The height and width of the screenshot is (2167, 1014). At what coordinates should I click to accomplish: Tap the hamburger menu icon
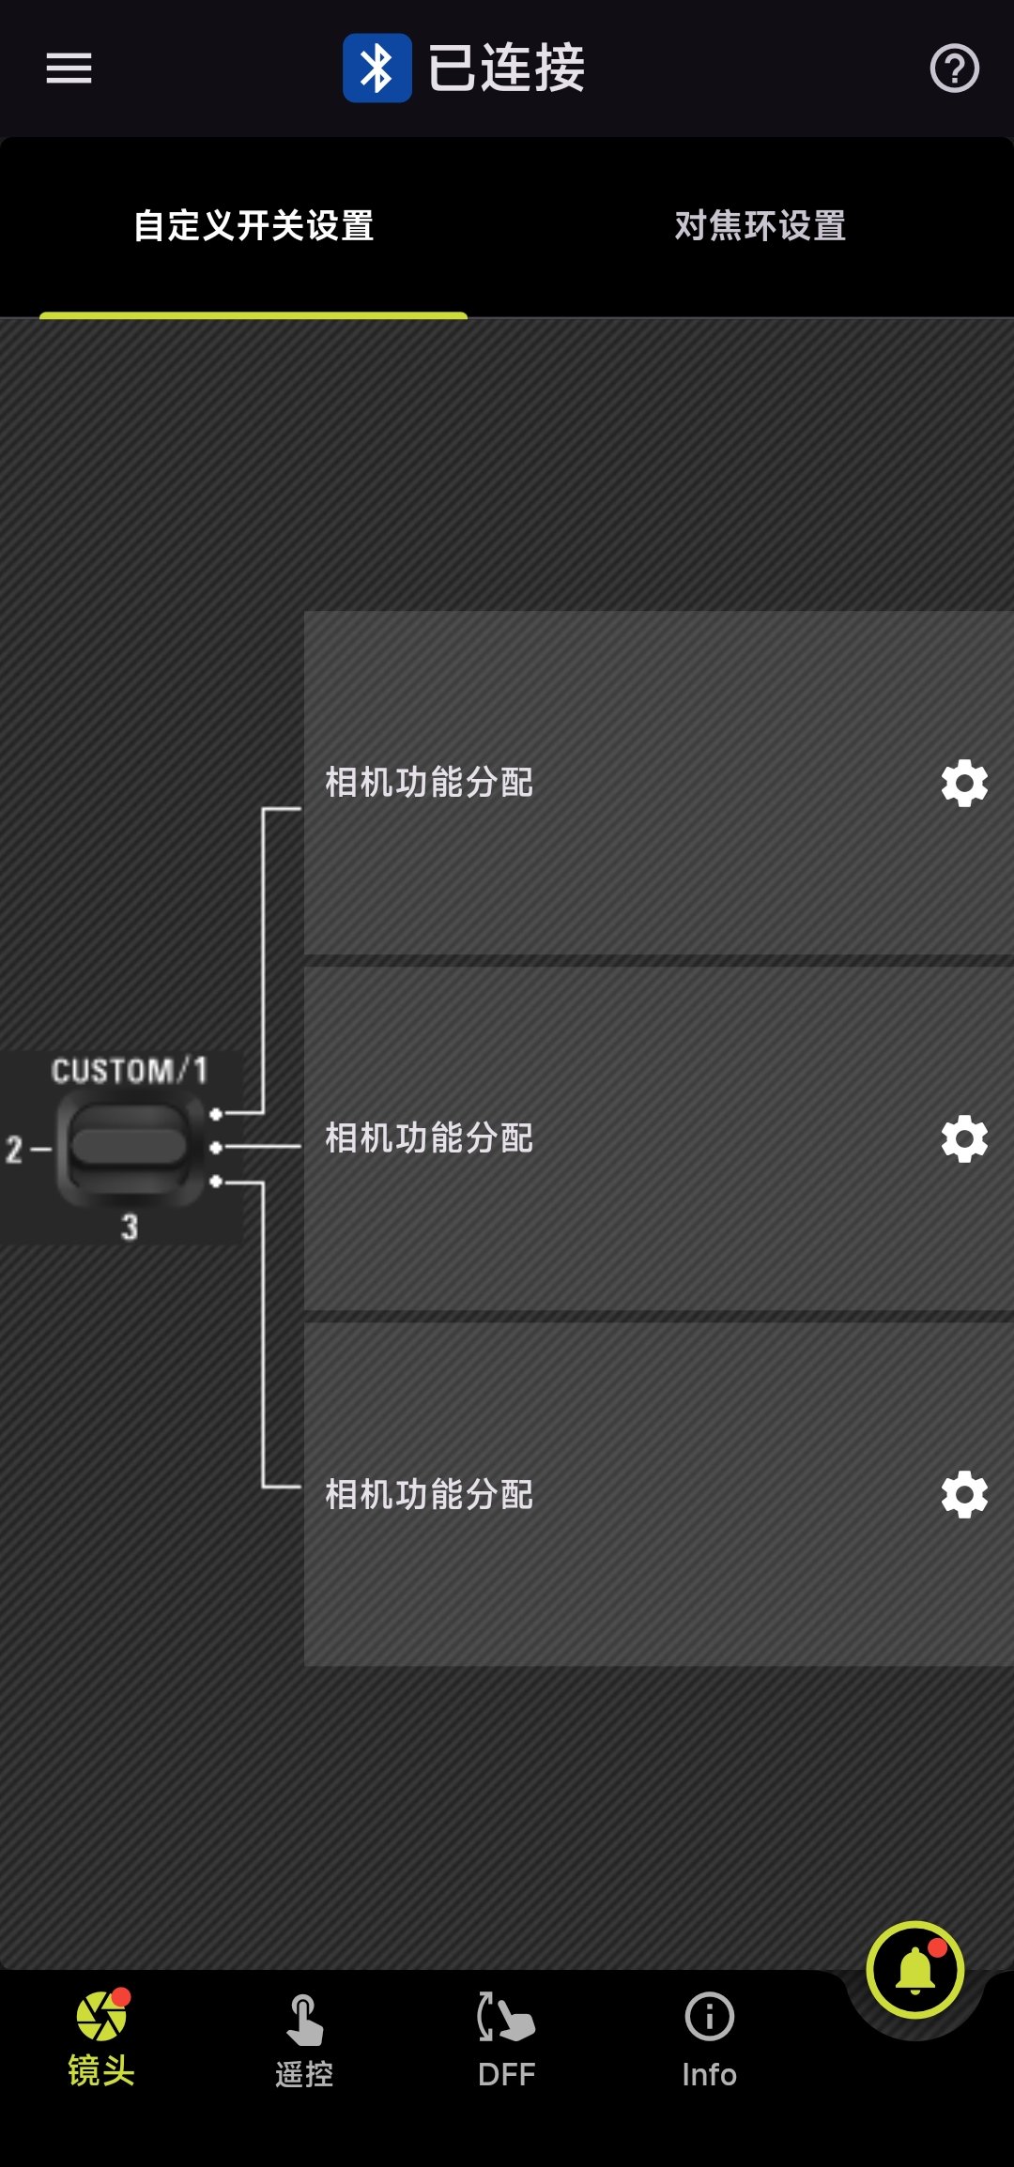pyautogui.click(x=69, y=69)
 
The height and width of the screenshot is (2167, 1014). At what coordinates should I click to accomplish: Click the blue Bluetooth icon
pyautogui.click(x=376, y=69)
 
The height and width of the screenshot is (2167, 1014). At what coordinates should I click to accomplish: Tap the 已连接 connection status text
pyautogui.click(x=506, y=69)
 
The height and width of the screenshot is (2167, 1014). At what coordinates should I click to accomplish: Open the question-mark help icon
pyautogui.click(x=954, y=69)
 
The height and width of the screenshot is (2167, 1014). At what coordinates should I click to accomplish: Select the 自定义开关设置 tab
pyautogui.click(x=253, y=226)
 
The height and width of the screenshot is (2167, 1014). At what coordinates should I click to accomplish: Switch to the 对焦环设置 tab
pyautogui.click(x=760, y=226)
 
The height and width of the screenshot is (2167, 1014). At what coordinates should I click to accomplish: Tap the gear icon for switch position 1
pyautogui.click(x=964, y=784)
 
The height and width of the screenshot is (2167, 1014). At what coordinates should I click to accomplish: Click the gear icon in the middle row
pyautogui.click(x=964, y=1139)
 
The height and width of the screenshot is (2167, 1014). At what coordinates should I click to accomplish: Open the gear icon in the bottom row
pyautogui.click(x=964, y=1495)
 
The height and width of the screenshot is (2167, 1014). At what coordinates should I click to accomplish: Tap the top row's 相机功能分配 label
pyautogui.click(x=429, y=783)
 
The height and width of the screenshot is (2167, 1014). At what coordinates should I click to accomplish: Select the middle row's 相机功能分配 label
pyautogui.click(x=429, y=1138)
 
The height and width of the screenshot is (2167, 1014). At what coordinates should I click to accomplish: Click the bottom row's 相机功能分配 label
pyautogui.click(x=429, y=1495)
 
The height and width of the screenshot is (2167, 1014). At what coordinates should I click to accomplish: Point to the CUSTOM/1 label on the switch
pyautogui.click(x=129, y=1071)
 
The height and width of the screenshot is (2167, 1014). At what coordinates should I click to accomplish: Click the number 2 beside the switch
pyautogui.click(x=14, y=1149)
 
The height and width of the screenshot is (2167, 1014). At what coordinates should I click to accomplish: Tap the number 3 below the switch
pyautogui.click(x=130, y=1227)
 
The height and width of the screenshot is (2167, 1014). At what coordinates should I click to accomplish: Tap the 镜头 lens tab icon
pyautogui.click(x=101, y=2018)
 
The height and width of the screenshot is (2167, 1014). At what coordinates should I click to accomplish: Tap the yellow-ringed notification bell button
pyautogui.click(x=914, y=1970)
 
